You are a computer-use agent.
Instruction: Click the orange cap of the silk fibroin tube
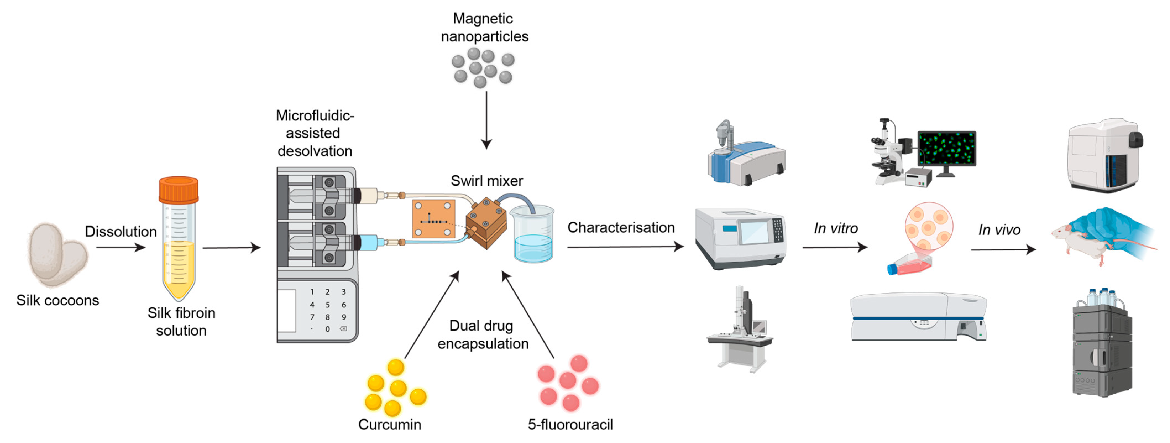pyautogui.click(x=179, y=190)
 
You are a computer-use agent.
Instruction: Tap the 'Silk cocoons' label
pyautogui.click(x=58, y=300)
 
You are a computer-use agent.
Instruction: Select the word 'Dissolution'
pyautogui.click(x=121, y=231)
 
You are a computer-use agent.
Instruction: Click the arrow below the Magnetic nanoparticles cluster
pyautogui.click(x=486, y=120)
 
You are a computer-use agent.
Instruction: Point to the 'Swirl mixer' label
pyautogui.click(x=486, y=181)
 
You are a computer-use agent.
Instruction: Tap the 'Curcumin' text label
pyautogui.click(x=390, y=424)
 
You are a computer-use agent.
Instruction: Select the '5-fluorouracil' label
pyautogui.click(x=570, y=424)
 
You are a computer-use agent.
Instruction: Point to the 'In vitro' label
pyautogui.click(x=836, y=228)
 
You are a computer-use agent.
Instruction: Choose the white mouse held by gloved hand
pyautogui.click(x=1081, y=241)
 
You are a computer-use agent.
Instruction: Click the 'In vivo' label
pyautogui.click(x=999, y=230)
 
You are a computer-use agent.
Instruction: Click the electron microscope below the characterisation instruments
pyautogui.click(x=740, y=329)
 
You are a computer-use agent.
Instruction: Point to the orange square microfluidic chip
pyautogui.click(x=433, y=219)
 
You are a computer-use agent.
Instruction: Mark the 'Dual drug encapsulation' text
pyautogui.click(x=483, y=334)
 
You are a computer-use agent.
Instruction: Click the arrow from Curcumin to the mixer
pyautogui.click(x=431, y=315)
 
